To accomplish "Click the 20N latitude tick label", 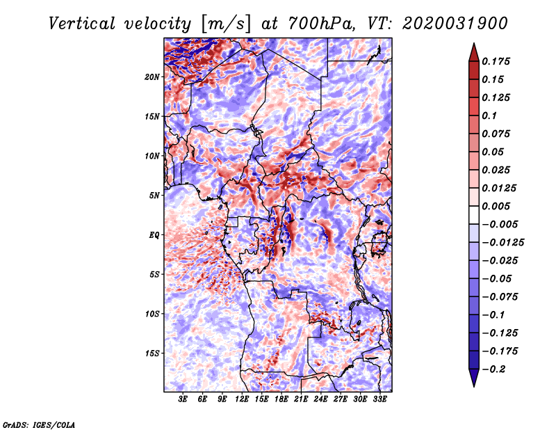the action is pyautogui.click(x=152, y=77).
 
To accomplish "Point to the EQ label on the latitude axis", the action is pyautogui.click(x=154, y=235).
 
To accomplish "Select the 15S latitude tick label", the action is pyautogui.click(x=152, y=353).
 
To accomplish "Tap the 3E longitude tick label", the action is pyautogui.click(x=183, y=399).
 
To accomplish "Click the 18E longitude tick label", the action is pyautogui.click(x=281, y=399).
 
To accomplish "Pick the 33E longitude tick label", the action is pyautogui.click(x=379, y=399).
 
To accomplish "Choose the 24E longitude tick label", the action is pyautogui.click(x=320, y=399).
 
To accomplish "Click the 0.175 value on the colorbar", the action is pyautogui.click(x=496, y=61).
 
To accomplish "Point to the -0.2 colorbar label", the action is pyautogui.click(x=493, y=369).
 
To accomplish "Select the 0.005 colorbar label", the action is pyautogui.click(x=496, y=206).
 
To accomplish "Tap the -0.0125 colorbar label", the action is pyautogui.click(x=502, y=243).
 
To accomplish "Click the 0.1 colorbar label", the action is pyautogui.click(x=489, y=116).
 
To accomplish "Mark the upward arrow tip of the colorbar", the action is pyautogui.click(x=474, y=43).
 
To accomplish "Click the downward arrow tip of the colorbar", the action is pyautogui.click(x=474, y=387).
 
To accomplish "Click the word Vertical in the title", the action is pyautogui.click(x=82, y=24).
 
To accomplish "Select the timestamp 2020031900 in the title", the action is pyautogui.click(x=455, y=24).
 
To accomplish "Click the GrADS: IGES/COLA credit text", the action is pyautogui.click(x=39, y=425).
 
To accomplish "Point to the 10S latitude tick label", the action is pyautogui.click(x=152, y=314).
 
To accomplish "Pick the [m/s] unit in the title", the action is pyautogui.click(x=226, y=24).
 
